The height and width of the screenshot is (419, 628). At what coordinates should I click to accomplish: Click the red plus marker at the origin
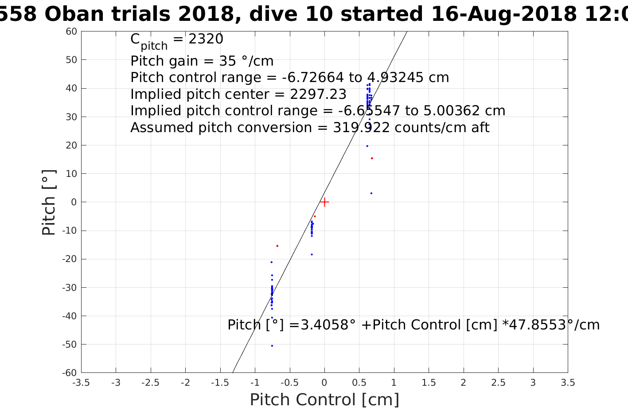[324, 202]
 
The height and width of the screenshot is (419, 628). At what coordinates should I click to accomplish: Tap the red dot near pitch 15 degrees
[372, 158]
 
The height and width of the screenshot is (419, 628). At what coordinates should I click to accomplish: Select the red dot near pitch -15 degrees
[277, 246]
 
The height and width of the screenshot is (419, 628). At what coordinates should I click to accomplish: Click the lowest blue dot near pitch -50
[272, 346]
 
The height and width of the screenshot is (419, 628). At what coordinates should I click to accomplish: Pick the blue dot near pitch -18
[312, 255]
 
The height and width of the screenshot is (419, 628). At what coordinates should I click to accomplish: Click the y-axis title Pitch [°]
[49, 202]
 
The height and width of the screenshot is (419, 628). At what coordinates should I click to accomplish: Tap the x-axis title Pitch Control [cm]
[324, 400]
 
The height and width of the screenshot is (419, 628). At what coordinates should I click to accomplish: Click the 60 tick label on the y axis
[72, 31]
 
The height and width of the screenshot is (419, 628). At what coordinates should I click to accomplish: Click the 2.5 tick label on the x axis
[498, 383]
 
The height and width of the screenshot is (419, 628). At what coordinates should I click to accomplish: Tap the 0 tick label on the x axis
[324, 383]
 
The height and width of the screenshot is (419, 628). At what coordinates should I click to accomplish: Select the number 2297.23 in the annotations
[318, 94]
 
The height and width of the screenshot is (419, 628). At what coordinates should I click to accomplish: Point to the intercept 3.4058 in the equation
[322, 325]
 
